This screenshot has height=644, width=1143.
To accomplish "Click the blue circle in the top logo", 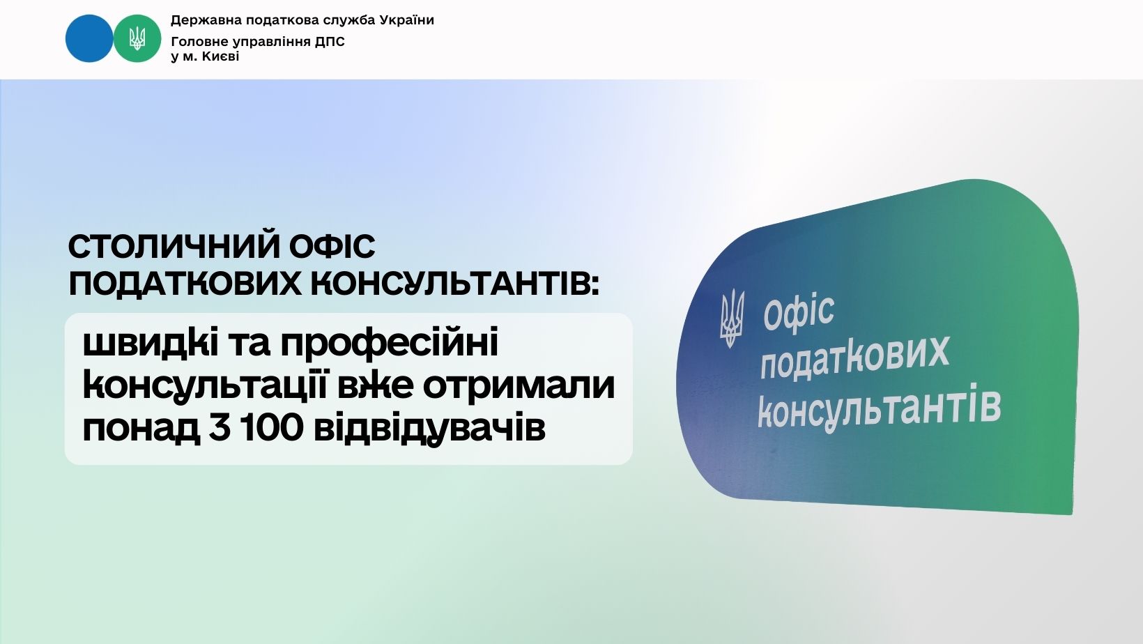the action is [x=89, y=38].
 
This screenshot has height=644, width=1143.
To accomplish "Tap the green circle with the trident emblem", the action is [x=137, y=38].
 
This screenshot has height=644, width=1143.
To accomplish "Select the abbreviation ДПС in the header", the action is [x=330, y=42].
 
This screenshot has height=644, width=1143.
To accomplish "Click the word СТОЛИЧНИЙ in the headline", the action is [x=174, y=247].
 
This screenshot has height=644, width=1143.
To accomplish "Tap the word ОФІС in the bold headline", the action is [x=332, y=247].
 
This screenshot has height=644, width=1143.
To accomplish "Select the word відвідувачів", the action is [x=429, y=429].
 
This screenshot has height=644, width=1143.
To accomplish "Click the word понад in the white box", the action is [x=141, y=429].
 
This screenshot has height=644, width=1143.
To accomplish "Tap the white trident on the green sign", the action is [x=732, y=318].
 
